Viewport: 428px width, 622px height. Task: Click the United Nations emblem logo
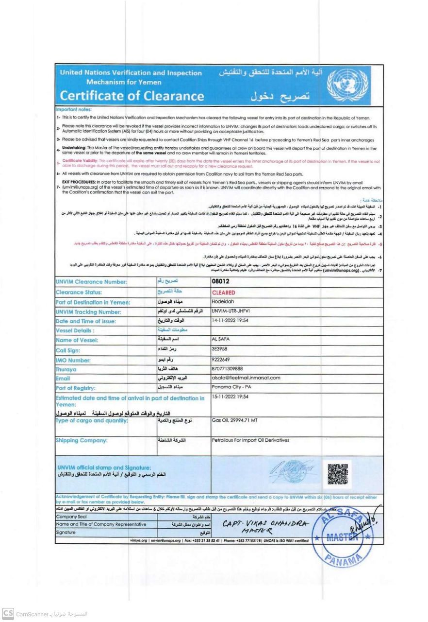pos(348,84)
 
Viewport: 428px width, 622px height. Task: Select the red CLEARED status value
pos(223,293)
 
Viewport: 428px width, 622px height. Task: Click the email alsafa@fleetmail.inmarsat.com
pos(246,378)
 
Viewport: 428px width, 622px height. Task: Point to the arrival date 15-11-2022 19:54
pos(230,397)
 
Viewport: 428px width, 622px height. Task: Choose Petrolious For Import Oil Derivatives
pos(250,440)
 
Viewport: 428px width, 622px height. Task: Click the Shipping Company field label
pos(82,440)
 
